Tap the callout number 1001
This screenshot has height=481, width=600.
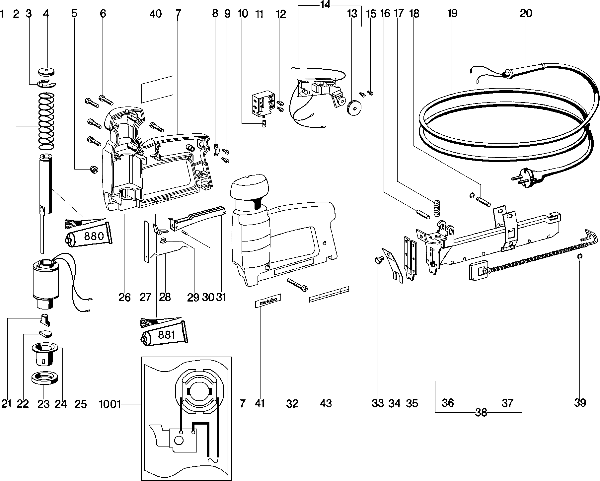(x=110, y=405)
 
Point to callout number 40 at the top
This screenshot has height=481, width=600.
(x=155, y=14)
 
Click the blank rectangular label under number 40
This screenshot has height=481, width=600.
(x=157, y=89)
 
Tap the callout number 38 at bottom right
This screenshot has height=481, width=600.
(x=481, y=413)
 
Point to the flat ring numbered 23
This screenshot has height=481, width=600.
(x=43, y=378)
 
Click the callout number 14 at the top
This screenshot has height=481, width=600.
(x=326, y=6)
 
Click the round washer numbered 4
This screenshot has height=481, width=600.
(x=46, y=72)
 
